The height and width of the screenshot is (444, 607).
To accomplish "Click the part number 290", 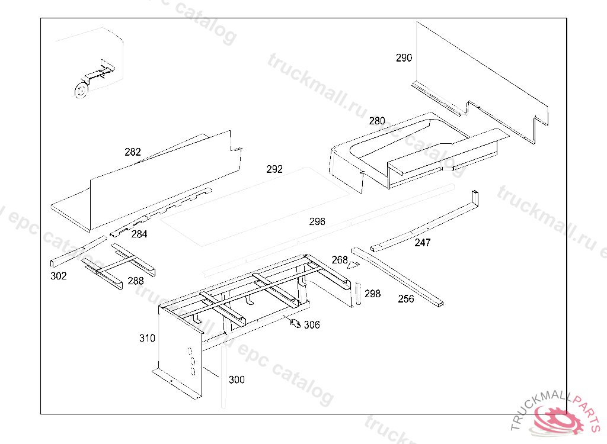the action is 404,58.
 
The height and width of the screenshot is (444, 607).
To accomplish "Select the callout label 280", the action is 377,121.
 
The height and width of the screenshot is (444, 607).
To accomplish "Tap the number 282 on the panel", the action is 133,152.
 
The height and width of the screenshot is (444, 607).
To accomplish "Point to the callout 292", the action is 274,169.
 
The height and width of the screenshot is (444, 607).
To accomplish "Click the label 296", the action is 317,222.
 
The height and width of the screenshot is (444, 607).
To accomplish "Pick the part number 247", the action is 423,243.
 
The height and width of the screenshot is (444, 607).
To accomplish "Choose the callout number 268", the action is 340,260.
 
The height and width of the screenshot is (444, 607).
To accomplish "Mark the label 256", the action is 406,299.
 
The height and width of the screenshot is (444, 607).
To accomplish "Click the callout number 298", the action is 373,294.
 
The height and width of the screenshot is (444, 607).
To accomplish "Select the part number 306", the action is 312,325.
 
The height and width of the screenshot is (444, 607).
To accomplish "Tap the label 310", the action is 148,339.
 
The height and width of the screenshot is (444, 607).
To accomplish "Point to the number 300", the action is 237,380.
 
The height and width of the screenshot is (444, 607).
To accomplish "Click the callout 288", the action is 136,281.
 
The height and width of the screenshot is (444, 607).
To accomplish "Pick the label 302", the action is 59,276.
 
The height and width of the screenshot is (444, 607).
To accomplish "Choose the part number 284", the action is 139,234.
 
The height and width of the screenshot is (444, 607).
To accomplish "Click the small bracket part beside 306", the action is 294,323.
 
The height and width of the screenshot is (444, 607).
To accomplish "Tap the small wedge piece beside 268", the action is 353,264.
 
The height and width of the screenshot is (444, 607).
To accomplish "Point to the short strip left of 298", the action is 357,294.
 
